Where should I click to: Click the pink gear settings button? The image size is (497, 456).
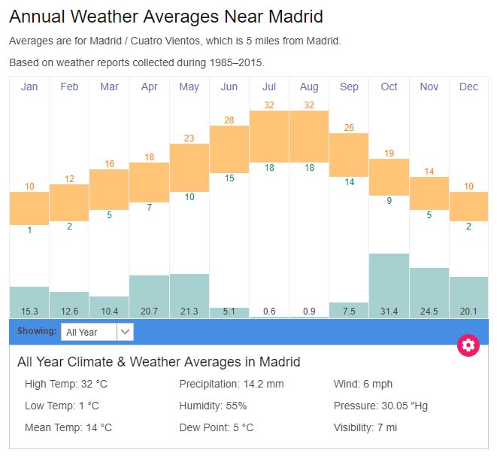(468, 345)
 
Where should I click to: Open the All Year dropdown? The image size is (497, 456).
(98, 331)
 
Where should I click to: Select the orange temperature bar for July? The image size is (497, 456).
(269, 136)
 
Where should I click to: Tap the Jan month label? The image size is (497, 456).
(29, 87)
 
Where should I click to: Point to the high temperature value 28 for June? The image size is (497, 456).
(229, 120)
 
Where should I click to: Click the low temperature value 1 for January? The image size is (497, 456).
(29, 230)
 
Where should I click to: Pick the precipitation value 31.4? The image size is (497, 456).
(389, 312)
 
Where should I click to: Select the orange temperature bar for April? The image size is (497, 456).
(149, 182)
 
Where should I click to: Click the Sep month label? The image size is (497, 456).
(349, 87)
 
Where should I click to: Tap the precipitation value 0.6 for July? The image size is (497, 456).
(269, 312)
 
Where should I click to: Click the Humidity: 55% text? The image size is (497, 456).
(213, 406)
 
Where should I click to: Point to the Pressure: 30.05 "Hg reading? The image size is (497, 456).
(380, 406)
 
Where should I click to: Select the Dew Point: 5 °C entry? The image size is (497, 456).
(217, 427)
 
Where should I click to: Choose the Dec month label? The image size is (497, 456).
(468, 87)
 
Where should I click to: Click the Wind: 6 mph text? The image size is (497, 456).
(363, 384)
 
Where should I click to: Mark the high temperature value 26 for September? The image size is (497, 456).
(349, 127)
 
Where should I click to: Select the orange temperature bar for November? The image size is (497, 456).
(429, 193)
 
